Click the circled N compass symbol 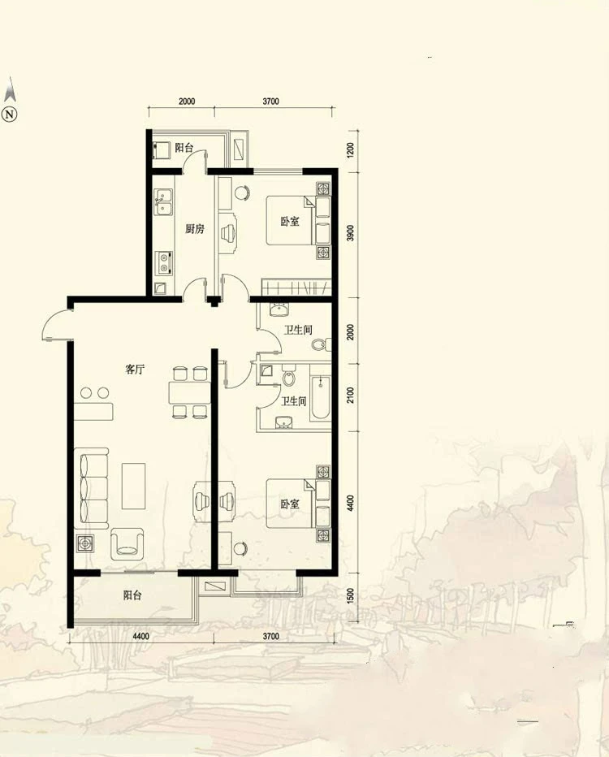(x=10, y=115)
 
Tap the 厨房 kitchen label (x=195, y=229)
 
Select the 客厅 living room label (x=135, y=370)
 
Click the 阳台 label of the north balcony (x=184, y=148)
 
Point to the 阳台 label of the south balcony (x=132, y=595)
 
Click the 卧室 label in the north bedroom (x=290, y=221)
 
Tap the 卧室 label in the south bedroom (x=290, y=504)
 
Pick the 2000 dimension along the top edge (x=187, y=102)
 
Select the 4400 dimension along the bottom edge (x=140, y=636)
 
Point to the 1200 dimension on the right (x=351, y=149)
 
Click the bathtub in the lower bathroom (x=321, y=398)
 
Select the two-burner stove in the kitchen (x=163, y=263)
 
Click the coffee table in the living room (x=134, y=487)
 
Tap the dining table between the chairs (x=190, y=392)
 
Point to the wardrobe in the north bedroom (x=296, y=288)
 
